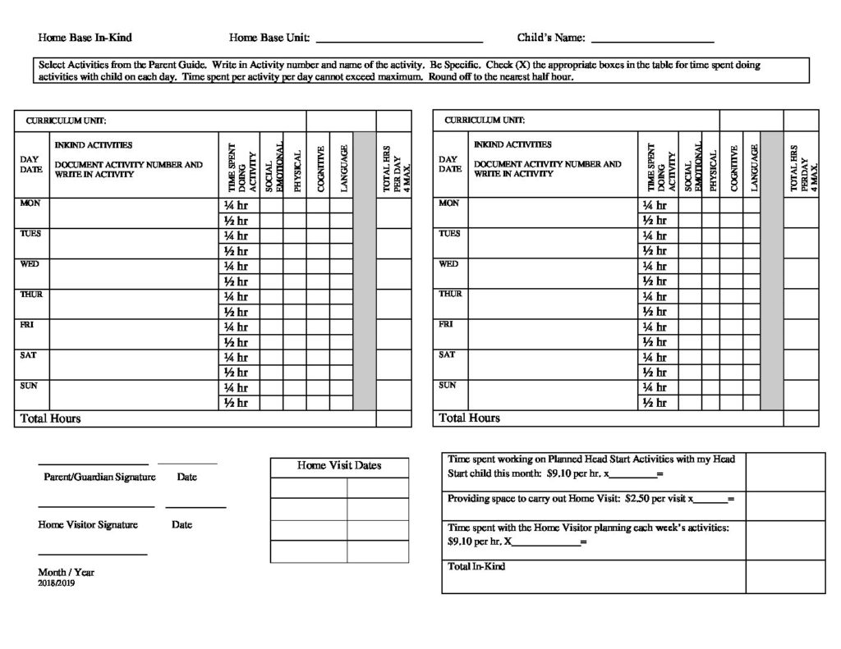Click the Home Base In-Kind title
[85, 38]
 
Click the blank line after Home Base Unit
[399, 39]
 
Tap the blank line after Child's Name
[652, 39]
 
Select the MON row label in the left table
[30, 203]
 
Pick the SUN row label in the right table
[448, 385]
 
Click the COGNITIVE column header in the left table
[321, 168]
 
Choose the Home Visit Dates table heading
[339, 466]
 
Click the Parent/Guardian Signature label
[94, 477]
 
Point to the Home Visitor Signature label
[88, 525]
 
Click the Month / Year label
[66, 572]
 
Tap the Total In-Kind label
[476, 566]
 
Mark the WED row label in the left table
[30, 264]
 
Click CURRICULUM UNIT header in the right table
[485, 120]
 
